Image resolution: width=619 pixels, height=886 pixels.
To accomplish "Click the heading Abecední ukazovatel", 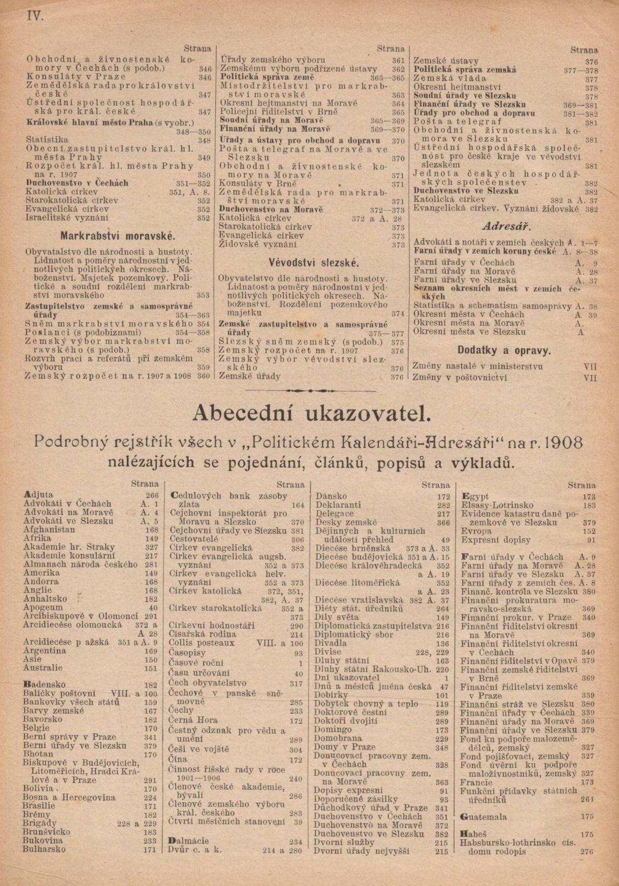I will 309,413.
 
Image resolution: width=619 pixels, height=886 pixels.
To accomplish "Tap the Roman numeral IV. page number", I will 35,15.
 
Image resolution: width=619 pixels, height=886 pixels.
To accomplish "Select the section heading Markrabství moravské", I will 118,235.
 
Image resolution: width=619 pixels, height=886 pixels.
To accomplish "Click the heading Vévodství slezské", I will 313,262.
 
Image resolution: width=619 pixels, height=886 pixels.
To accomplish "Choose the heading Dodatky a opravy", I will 504,350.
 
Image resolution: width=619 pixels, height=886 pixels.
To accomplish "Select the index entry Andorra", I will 40,582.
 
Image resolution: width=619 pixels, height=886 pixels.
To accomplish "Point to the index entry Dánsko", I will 331,496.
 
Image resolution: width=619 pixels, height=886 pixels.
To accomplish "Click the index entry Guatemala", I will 483,816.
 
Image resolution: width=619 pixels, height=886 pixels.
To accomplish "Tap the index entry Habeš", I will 474,833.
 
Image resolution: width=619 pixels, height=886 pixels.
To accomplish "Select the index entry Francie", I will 476,782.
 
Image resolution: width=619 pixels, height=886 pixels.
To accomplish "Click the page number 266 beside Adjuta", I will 152,496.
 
